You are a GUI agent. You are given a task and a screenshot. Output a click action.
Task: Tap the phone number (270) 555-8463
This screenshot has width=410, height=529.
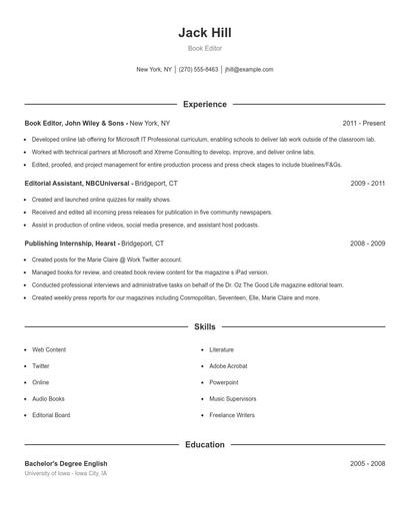pyautogui.click(x=198, y=70)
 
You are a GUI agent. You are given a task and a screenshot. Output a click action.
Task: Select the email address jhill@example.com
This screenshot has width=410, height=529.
pyautogui.click(x=249, y=70)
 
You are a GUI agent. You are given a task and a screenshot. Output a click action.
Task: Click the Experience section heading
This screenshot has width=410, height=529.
pyautogui.click(x=205, y=104)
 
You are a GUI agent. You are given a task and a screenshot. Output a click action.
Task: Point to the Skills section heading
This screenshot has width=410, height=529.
pyautogui.click(x=205, y=326)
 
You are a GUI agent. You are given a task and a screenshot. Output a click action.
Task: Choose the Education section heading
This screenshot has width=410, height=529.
pyautogui.click(x=205, y=444)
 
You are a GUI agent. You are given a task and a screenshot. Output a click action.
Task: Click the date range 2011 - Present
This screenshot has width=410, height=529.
pyautogui.click(x=363, y=123)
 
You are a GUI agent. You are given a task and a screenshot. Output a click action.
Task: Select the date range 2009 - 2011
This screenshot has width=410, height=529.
pyautogui.click(x=368, y=184)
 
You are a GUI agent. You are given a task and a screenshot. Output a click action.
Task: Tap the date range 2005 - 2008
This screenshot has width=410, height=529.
pyautogui.click(x=368, y=464)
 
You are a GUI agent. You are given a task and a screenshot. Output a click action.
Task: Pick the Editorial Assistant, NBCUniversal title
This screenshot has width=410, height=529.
pyautogui.click(x=81, y=184)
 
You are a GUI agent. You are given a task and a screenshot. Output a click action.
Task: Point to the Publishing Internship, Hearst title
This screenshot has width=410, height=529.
pyautogui.click(x=71, y=244)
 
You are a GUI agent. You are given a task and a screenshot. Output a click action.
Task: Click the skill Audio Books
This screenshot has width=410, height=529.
pyautogui.click(x=49, y=398)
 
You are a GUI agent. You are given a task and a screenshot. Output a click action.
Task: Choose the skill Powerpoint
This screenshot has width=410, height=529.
pyautogui.click(x=223, y=382)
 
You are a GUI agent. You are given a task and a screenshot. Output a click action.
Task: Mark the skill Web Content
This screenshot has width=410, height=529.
pyautogui.click(x=49, y=350)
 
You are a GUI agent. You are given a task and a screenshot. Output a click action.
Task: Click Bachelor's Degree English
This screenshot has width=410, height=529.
pyautogui.click(x=66, y=464)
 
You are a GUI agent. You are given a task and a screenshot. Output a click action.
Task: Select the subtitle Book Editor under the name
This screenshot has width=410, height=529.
pyautogui.click(x=205, y=48)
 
